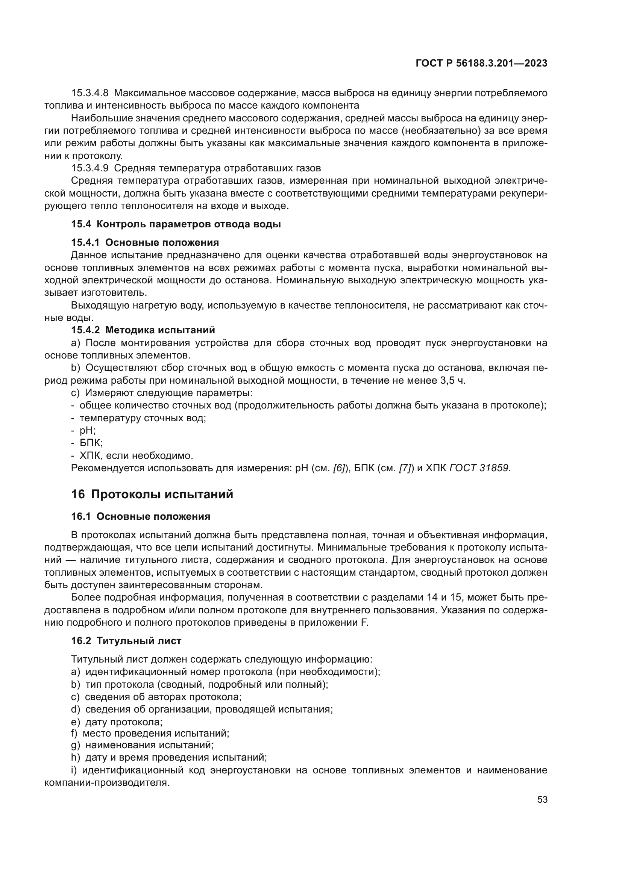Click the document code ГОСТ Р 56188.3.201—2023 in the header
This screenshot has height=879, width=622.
pos(481,64)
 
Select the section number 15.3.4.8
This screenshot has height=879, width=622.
pos(90,93)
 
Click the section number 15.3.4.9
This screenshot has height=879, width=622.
pos(90,168)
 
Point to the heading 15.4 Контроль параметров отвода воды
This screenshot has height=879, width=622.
pos(176,224)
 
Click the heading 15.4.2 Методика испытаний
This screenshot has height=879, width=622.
pos(143,330)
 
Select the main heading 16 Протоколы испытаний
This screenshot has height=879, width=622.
pos(152,494)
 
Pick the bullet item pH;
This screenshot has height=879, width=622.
pos(87,431)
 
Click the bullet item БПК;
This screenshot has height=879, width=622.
pos(91,443)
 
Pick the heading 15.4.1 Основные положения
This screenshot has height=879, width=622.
pos(145,243)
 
